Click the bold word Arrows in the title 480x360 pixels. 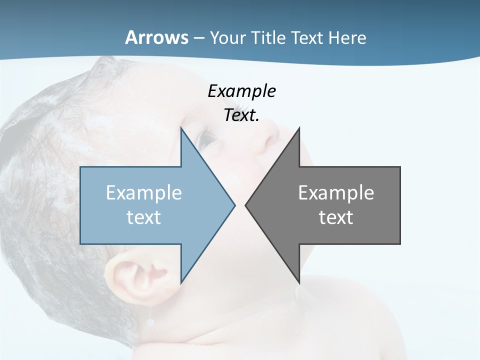tap(156, 37)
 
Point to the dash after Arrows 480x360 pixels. tap(198, 38)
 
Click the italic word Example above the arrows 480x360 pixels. tap(241, 91)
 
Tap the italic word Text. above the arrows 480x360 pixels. tap(241, 115)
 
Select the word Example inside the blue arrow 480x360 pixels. tap(143, 192)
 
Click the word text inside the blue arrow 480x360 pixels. tap(143, 217)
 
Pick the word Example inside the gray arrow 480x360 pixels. tap(336, 192)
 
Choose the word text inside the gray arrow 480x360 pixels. tap(336, 217)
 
